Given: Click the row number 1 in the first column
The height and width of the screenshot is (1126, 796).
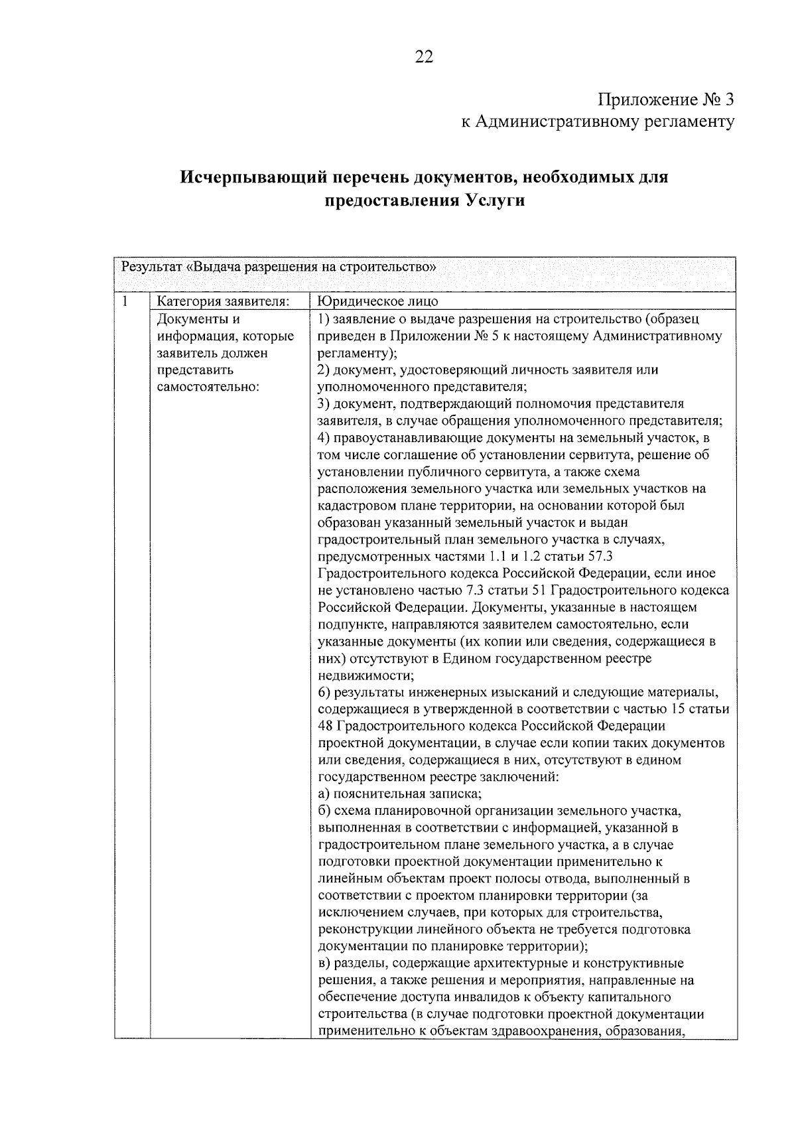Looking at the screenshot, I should pyautogui.click(x=125, y=302).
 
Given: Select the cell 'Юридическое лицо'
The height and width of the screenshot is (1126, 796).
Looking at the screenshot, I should pyautogui.click(x=377, y=302).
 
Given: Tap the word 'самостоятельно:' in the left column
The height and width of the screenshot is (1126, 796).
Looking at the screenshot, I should pyautogui.click(x=208, y=387).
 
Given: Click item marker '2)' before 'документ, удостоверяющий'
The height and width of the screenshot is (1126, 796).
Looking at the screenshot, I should pyautogui.click(x=324, y=370).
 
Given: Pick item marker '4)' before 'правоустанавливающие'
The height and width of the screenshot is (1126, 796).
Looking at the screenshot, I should pyautogui.click(x=324, y=438).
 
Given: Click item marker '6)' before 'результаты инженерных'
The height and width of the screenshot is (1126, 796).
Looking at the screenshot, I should pyautogui.click(x=324, y=693).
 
